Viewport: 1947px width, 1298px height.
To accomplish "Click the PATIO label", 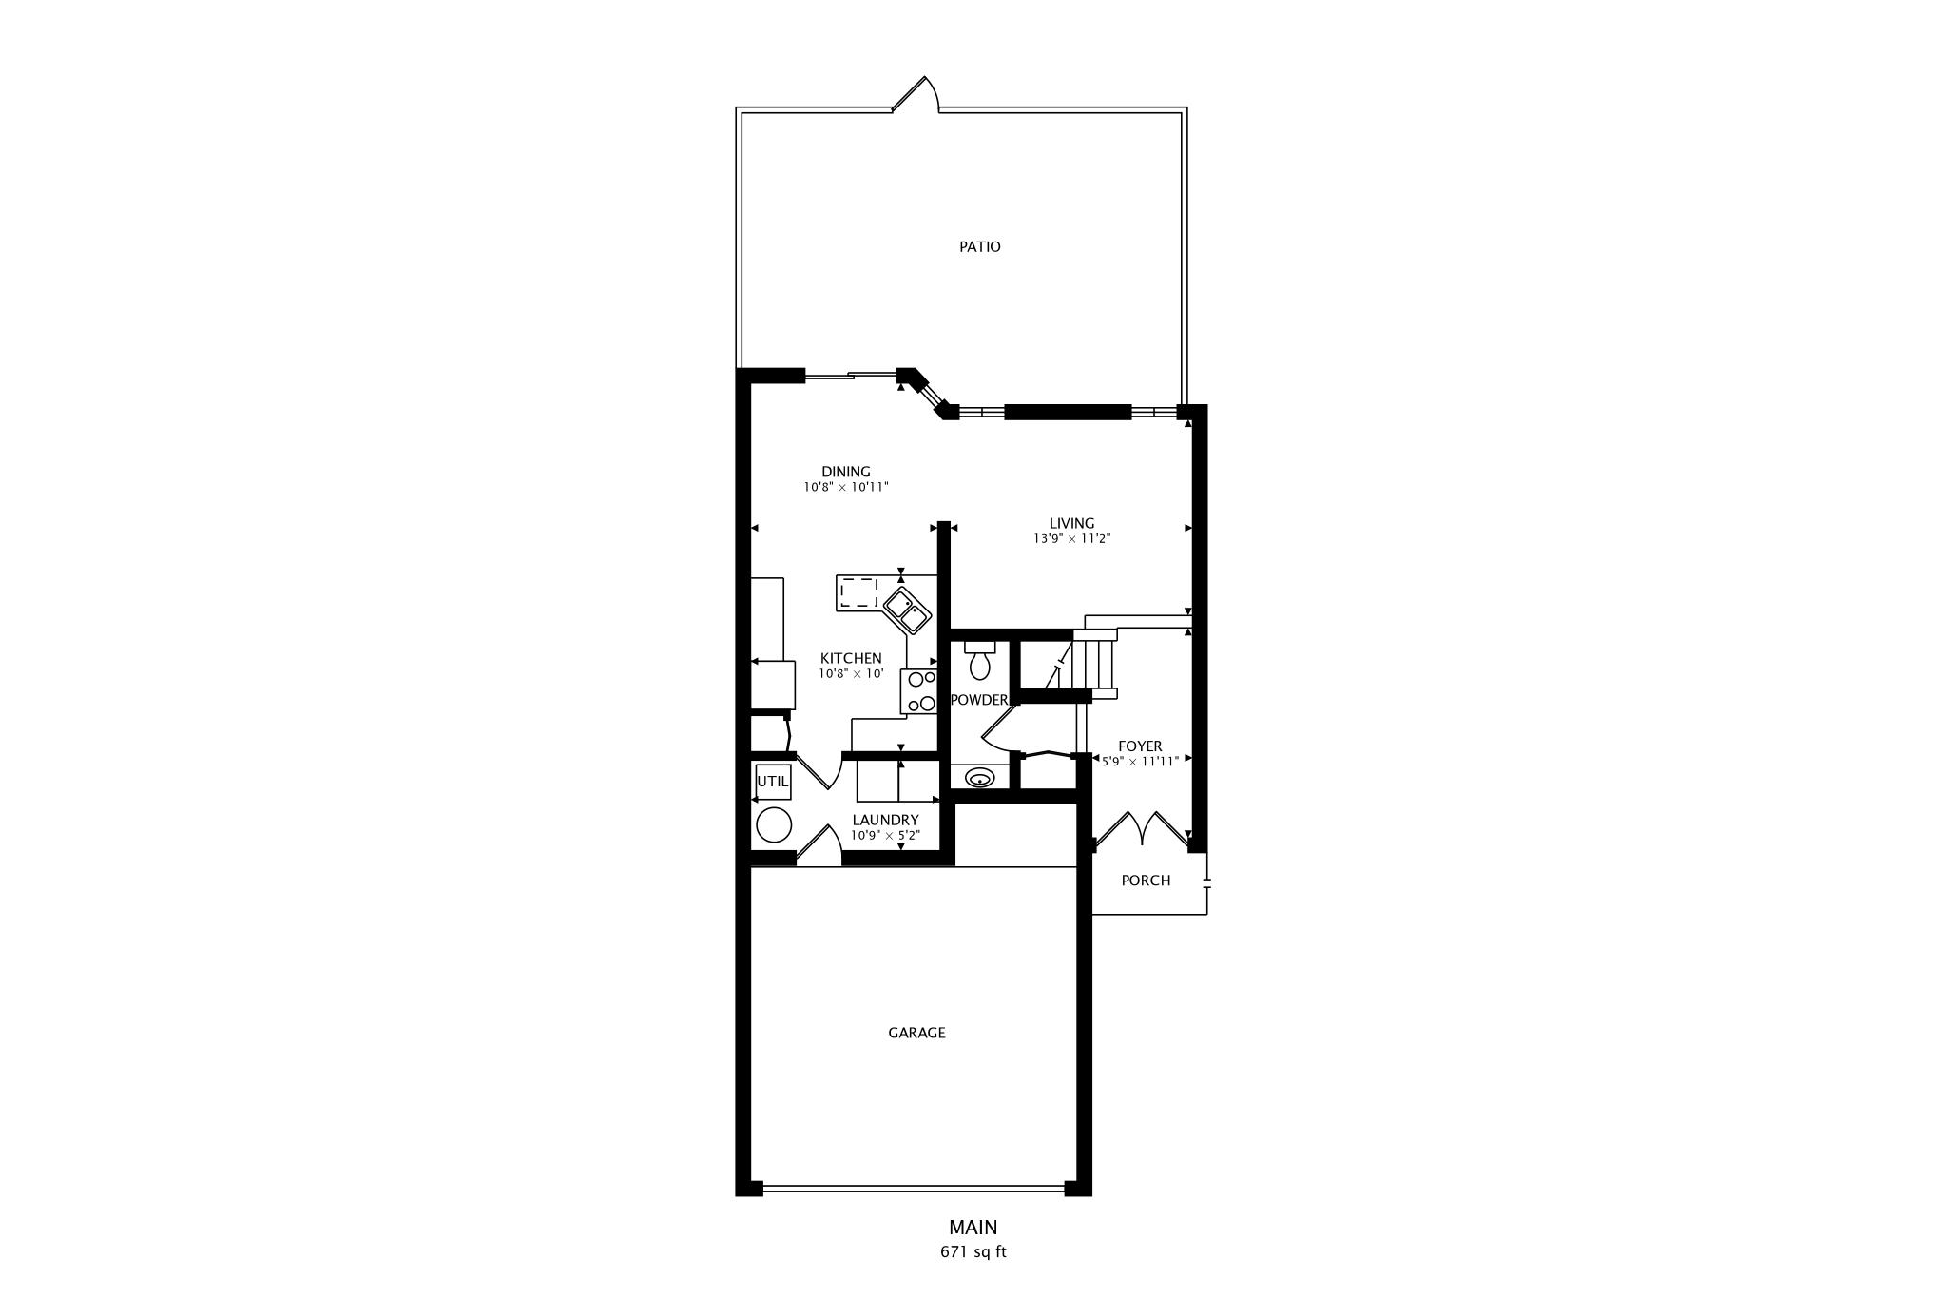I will click(x=979, y=247).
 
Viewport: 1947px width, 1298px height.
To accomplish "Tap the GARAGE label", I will click(x=916, y=1033).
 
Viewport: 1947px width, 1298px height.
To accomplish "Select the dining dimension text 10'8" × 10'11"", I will click(x=845, y=487).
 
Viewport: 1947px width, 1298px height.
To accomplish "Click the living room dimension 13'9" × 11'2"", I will click(x=1071, y=538).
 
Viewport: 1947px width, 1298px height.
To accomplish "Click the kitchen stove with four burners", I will click(x=920, y=691).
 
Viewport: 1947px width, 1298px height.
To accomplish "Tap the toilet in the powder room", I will click(x=979, y=660).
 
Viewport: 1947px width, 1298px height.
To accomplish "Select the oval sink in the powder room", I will click(x=979, y=779).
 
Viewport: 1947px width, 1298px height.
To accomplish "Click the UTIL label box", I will click(x=773, y=782).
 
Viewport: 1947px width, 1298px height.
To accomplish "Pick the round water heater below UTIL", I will click(x=774, y=824).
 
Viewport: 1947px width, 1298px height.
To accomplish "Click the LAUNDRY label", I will click(x=885, y=820).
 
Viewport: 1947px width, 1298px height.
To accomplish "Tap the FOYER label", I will click(x=1139, y=746).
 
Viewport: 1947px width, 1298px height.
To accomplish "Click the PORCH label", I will click(x=1146, y=881).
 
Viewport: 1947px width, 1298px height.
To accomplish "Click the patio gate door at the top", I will click(x=916, y=94).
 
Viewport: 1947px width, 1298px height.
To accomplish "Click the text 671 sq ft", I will click(x=973, y=1251).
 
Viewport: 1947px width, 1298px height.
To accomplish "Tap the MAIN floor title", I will click(x=973, y=1228).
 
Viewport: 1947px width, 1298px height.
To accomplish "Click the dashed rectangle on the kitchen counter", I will click(x=858, y=592).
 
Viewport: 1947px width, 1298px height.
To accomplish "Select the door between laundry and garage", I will click(x=819, y=846).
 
